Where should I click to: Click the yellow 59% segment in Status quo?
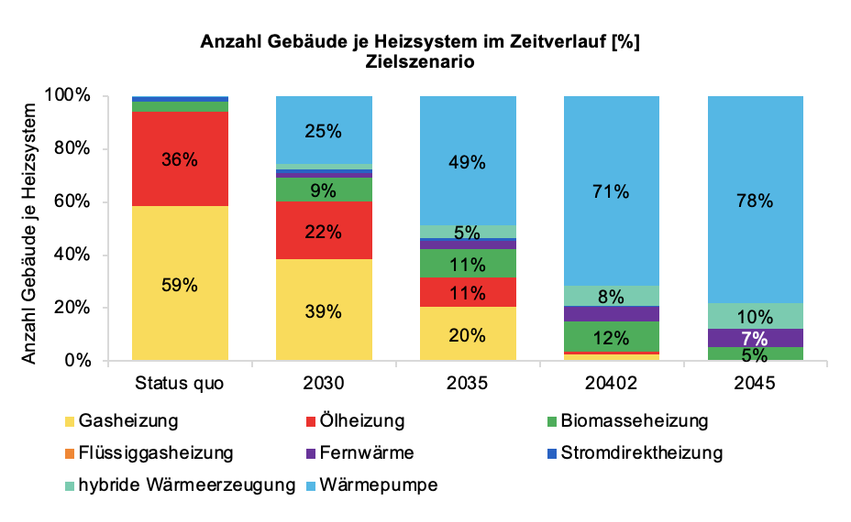(180, 284)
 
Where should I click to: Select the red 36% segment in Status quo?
(180, 159)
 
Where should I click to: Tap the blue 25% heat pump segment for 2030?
(324, 130)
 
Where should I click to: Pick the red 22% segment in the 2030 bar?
(324, 231)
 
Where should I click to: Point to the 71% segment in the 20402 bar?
(612, 191)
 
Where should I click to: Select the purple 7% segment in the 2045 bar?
(755, 338)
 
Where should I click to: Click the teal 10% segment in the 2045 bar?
(755, 316)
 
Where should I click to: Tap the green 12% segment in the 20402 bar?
(612, 336)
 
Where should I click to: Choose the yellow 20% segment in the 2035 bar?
(468, 334)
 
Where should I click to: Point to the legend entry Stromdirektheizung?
(641, 453)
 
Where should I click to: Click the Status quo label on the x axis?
(180, 384)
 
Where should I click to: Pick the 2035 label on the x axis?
(468, 384)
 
